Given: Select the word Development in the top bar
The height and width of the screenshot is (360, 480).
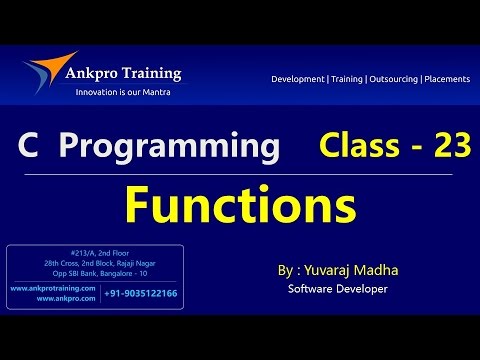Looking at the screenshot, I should [303, 78].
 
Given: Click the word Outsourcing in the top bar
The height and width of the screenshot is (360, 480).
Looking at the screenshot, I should [391, 78].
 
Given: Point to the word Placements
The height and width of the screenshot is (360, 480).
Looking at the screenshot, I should [445, 78].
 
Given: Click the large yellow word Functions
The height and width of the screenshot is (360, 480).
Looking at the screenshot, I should [239, 207].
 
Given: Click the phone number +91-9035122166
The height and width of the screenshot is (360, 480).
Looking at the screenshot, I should [141, 293].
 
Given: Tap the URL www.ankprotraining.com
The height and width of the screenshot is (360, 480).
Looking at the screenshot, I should [54, 288].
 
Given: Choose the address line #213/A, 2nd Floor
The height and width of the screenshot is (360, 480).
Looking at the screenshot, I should [95, 253].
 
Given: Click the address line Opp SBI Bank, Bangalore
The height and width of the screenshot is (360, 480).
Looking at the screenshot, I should [95, 273].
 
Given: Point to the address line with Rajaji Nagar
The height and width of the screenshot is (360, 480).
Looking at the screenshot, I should [95, 263].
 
